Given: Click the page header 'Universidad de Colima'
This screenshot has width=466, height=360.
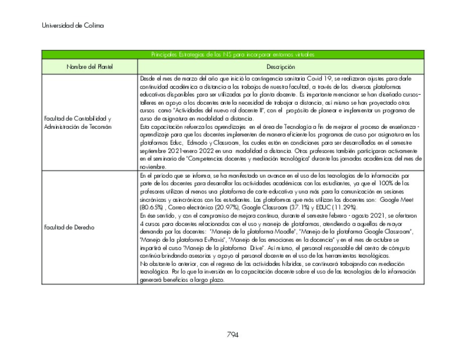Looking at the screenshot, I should pyautogui.click(x=73, y=26).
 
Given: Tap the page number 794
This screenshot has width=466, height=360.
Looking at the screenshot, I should pyautogui.click(x=232, y=335).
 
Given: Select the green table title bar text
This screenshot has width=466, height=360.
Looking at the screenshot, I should pyautogui.click(x=232, y=54).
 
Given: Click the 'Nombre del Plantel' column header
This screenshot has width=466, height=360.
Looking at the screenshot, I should pyautogui.click(x=90, y=66).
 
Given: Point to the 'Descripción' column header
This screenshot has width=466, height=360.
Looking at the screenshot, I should pyautogui.click(x=281, y=66).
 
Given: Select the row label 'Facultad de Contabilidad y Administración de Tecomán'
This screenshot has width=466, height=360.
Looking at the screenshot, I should pyautogui.click(x=78, y=122).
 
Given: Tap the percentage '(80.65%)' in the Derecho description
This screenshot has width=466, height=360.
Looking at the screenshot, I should pyautogui.click(x=151, y=207).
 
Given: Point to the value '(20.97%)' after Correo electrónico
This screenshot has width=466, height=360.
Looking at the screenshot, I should pyautogui.click(x=228, y=207).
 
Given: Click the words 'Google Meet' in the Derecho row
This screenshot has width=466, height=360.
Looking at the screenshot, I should pyautogui.click(x=396, y=200).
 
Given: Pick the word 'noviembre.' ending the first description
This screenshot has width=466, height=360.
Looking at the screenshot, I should pyautogui.click(x=153, y=166).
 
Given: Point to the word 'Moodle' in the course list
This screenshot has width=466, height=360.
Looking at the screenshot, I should pyautogui.click(x=289, y=232).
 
